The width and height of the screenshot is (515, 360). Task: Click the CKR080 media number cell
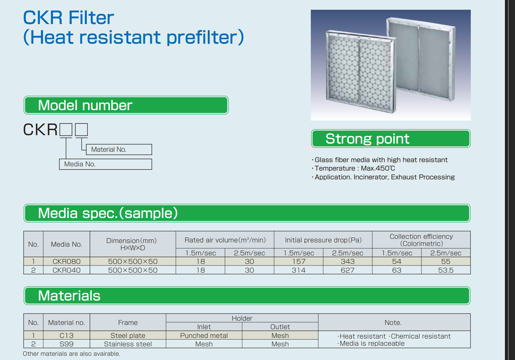point(66,261)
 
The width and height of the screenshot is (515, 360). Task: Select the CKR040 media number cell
point(66,270)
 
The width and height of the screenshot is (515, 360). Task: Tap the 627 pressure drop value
point(347,270)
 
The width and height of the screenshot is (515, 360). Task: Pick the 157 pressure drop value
point(298,261)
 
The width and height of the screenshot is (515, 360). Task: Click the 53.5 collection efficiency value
point(445,270)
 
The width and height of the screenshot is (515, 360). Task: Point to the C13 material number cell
point(66,335)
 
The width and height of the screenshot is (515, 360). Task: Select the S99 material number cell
point(66,344)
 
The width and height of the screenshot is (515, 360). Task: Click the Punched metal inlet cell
point(204,335)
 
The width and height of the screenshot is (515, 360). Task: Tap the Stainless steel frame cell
point(128,344)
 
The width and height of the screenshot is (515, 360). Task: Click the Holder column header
point(242,318)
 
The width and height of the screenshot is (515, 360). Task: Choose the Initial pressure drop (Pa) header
point(323,240)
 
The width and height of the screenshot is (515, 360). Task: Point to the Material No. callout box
point(119,149)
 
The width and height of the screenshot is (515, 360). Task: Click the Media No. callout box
point(106,164)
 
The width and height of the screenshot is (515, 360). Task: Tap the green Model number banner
point(126,105)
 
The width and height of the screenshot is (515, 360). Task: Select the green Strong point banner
point(390,138)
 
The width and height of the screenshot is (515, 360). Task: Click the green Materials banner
point(247,295)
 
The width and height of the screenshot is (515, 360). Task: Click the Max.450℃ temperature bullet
point(353,168)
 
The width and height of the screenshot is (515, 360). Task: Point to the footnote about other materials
point(72,354)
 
